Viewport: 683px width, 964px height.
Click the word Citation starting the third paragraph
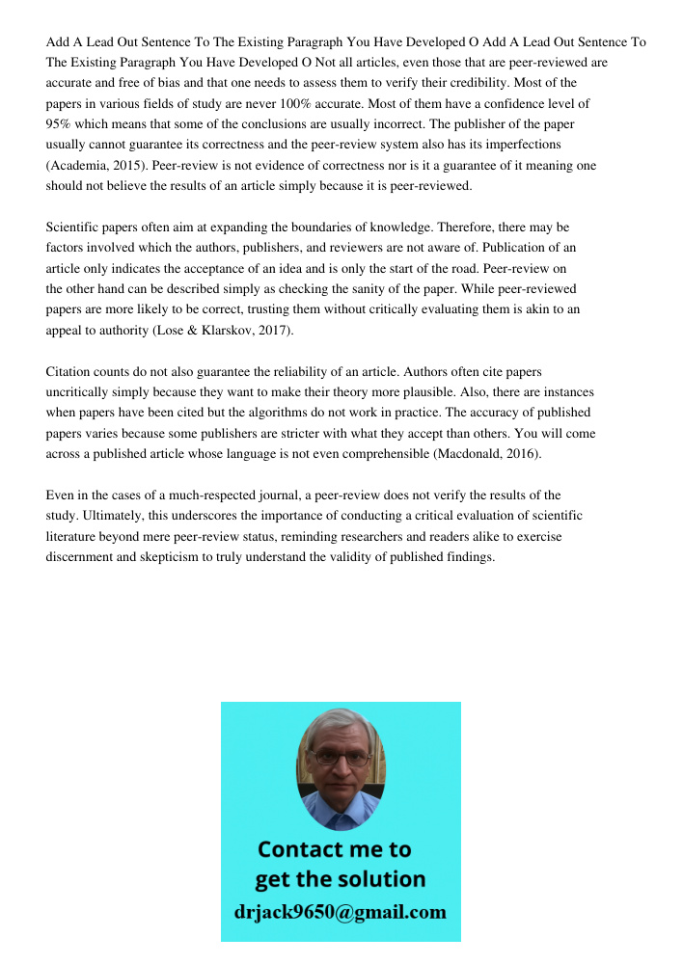click(x=70, y=372)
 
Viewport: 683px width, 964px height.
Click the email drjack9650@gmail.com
click(x=340, y=912)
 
